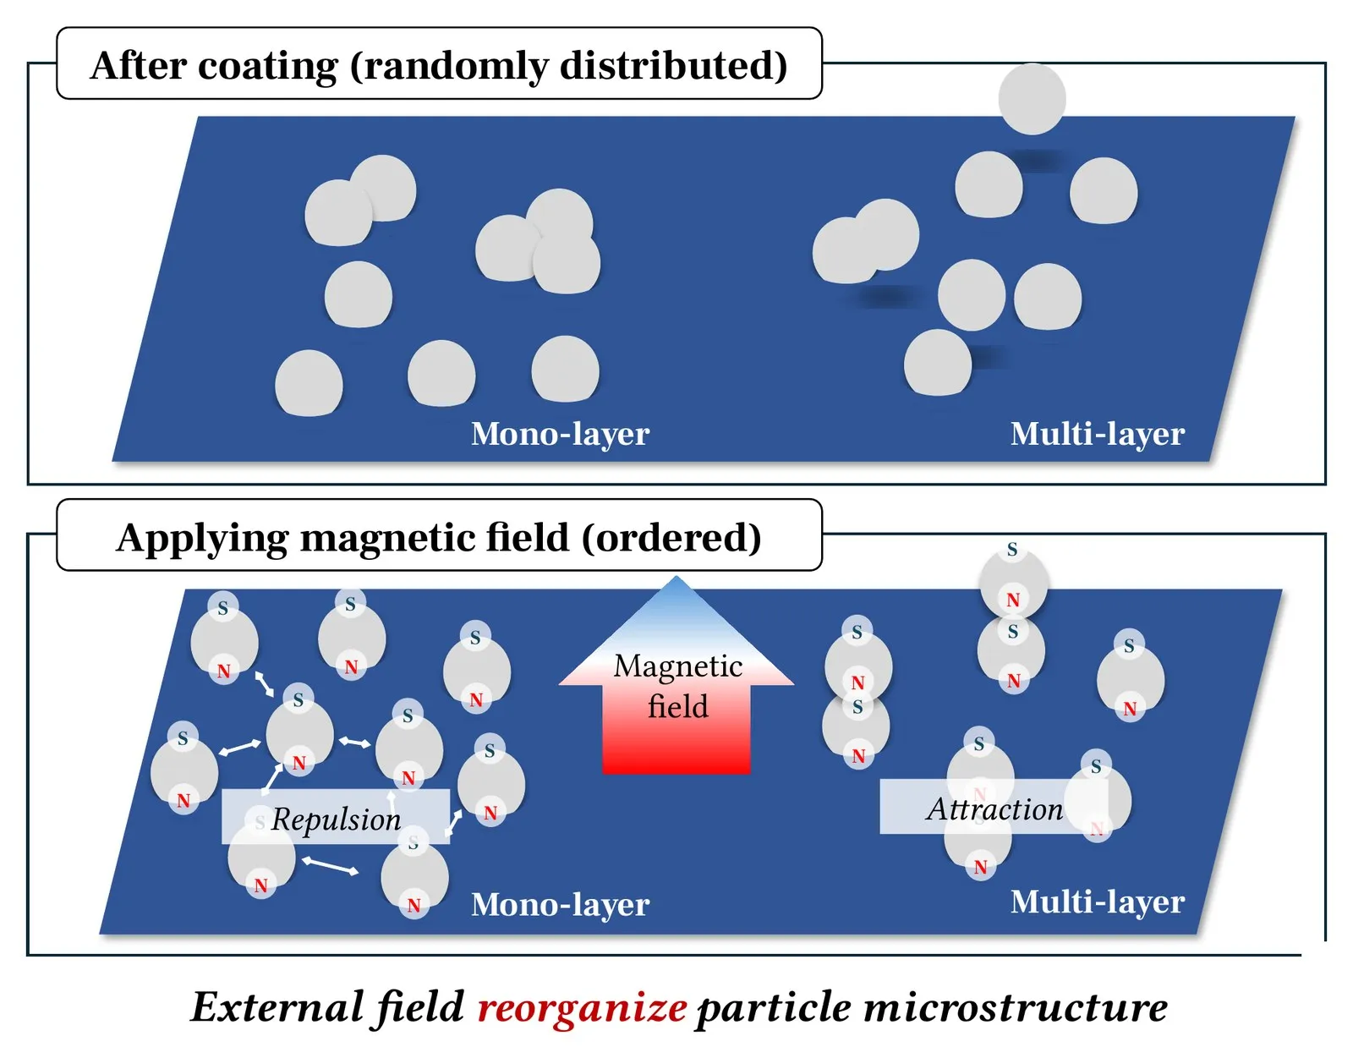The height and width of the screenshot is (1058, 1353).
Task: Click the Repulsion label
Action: [x=337, y=820]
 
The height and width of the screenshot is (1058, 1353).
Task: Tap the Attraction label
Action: [x=994, y=809]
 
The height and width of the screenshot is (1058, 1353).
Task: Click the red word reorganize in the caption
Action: [x=582, y=1007]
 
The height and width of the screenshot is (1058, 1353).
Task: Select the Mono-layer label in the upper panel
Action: [x=561, y=433]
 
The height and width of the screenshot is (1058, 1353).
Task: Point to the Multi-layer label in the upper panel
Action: [x=1097, y=433]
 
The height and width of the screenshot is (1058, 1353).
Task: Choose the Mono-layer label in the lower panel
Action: [x=561, y=904]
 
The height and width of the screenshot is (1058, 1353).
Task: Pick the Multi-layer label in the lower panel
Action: [x=1097, y=902]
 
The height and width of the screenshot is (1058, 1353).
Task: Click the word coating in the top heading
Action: [x=268, y=66]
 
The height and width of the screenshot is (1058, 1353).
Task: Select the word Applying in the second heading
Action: [x=202, y=538]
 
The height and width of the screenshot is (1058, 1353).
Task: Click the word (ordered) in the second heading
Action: [x=671, y=537]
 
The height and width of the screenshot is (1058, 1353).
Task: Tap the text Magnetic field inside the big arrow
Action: [x=677, y=686]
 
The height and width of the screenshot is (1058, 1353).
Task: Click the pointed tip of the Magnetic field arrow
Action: [x=676, y=578]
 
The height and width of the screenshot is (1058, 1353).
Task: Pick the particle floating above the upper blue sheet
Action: [x=1032, y=99]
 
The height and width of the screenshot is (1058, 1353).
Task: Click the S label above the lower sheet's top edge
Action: [x=1012, y=549]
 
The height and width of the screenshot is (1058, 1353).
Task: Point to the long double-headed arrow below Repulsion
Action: [x=330, y=866]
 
